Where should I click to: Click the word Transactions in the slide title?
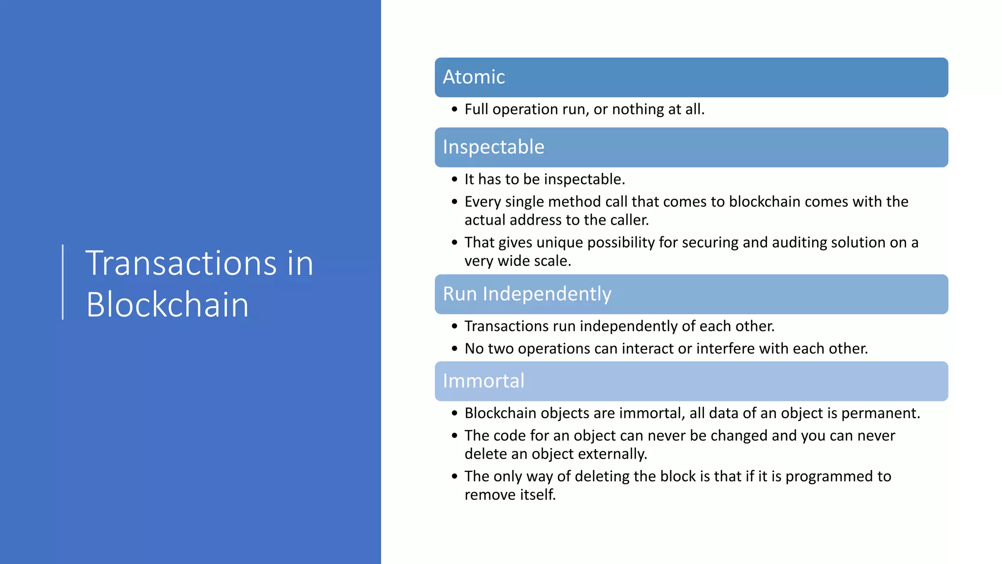pyautogui.click(x=181, y=263)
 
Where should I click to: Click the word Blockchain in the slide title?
pyautogui.click(x=167, y=305)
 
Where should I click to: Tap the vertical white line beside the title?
pyautogui.click(x=63, y=282)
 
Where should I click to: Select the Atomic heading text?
pyautogui.click(x=474, y=77)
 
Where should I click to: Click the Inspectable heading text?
pyautogui.click(x=493, y=147)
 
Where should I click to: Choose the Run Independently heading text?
pyautogui.click(x=527, y=294)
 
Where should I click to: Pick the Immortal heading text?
pyautogui.click(x=483, y=381)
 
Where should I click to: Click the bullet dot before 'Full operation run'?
pyautogui.click(x=455, y=109)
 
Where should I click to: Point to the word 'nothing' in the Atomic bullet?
pyautogui.click(x=638, y=109)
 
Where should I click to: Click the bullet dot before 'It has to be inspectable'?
pyautogui.click(x=455, y=179)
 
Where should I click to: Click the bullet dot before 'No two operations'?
pyautogui.click(x=455, y=349)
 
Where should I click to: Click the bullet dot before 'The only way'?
pyautogui.click(x=455, y=476)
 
